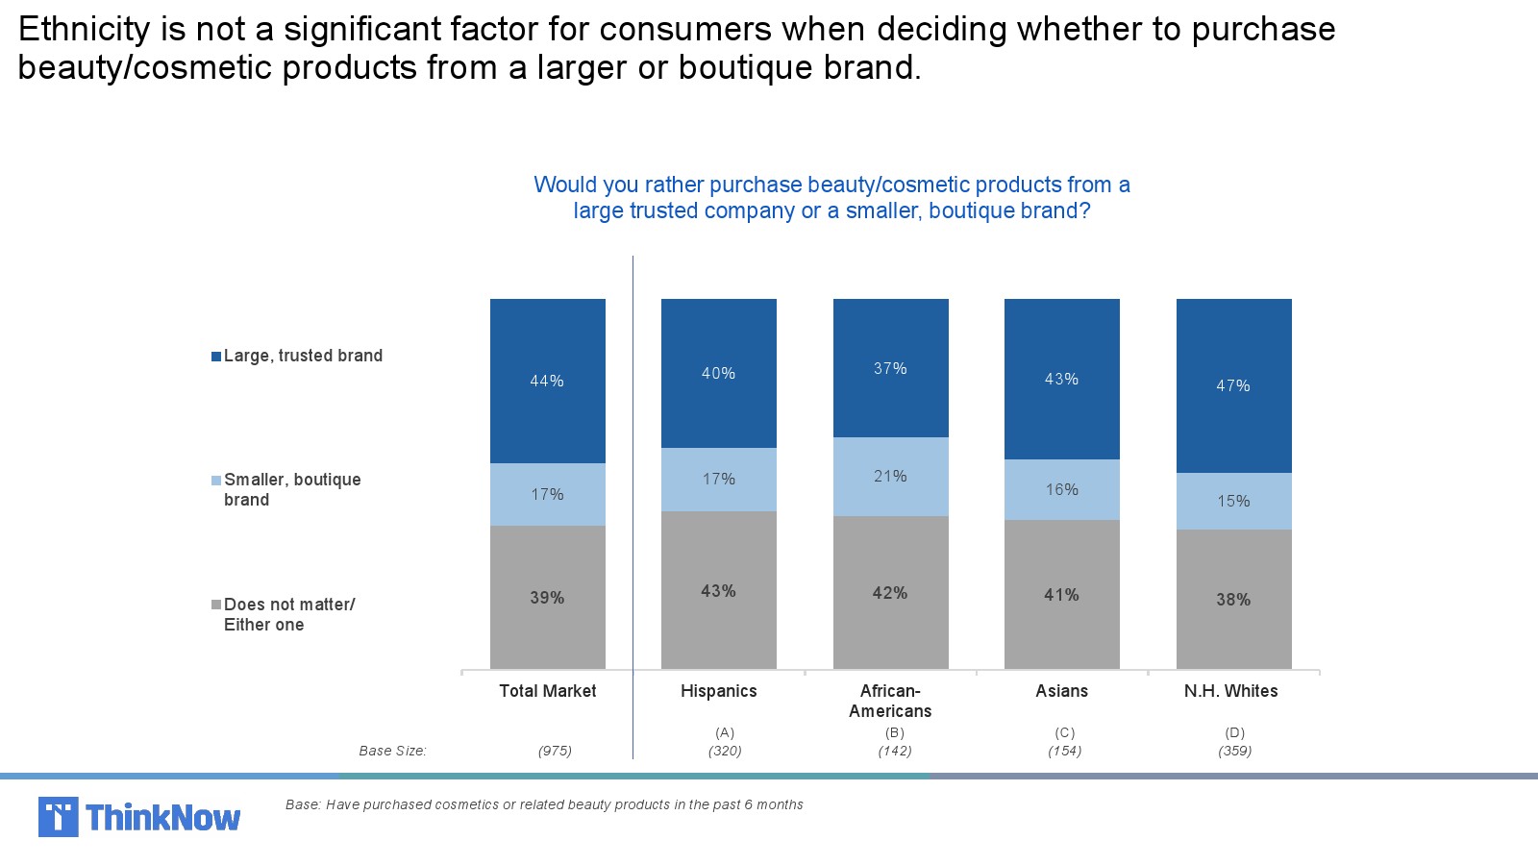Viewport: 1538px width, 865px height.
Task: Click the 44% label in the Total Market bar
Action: pos(547,382)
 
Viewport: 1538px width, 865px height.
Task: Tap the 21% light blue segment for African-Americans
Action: pos(890,477)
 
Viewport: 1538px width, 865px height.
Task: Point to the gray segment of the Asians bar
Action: pos(1061,595)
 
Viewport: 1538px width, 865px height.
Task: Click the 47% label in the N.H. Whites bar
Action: pos(1233,386)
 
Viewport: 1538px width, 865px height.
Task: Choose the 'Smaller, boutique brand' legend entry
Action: pos(291,489)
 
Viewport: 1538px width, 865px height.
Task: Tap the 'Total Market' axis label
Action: pos(548,691)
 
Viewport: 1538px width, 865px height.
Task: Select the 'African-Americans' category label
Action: pos(890,701)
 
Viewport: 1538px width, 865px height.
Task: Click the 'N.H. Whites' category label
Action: pos(1231,691)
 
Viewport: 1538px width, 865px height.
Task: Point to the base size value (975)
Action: pos(555,751)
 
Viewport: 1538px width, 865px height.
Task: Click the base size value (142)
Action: pos(895,751)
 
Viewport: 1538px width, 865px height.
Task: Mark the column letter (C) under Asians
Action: pos(1065,732)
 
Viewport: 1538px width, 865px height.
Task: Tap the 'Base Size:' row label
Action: pos(392,751)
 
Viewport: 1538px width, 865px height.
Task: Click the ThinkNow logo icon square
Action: pos(58,817)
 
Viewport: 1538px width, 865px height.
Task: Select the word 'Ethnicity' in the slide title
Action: pos(84,29)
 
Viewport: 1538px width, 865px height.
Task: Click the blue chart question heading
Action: pos(831,197)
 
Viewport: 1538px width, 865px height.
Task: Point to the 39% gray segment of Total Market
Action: pos(547,597)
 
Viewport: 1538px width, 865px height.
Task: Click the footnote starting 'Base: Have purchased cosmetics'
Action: pos(544,804)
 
